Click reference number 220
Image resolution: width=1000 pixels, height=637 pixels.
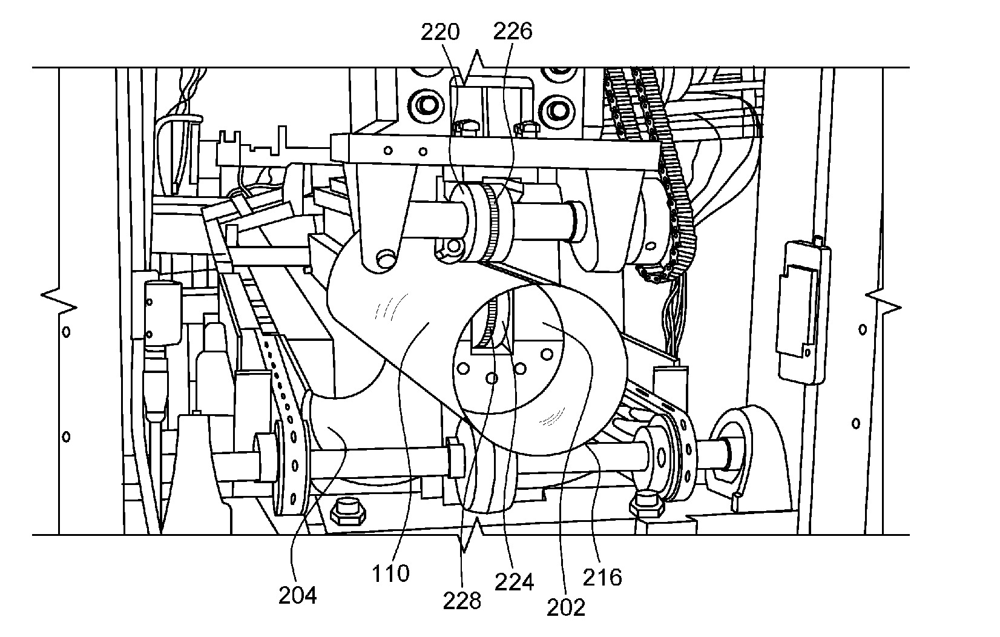click(440, 32)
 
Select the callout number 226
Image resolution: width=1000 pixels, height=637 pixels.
click(513, 31)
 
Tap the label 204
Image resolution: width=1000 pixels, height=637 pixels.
click(298, 595)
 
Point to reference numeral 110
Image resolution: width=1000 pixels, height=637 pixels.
click(390, 573)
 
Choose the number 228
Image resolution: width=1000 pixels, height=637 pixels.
click(462, 601)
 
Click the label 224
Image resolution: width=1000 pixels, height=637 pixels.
click(515, 582)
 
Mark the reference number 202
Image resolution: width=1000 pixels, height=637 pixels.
click(565, 607)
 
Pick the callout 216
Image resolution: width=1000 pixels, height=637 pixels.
click(602, 578)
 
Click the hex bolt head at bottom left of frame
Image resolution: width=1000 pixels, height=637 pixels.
click(348, 512)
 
